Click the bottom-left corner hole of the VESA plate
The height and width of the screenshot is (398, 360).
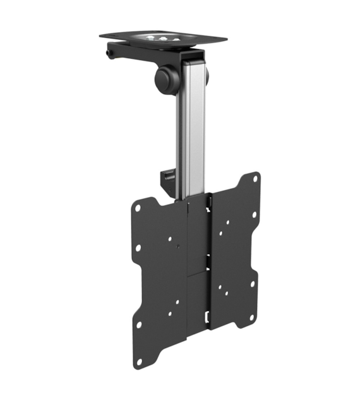[x=139, y=325]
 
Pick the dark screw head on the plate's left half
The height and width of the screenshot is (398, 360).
[x=177, y=244]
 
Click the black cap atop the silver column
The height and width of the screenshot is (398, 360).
[x=191, y=61]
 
